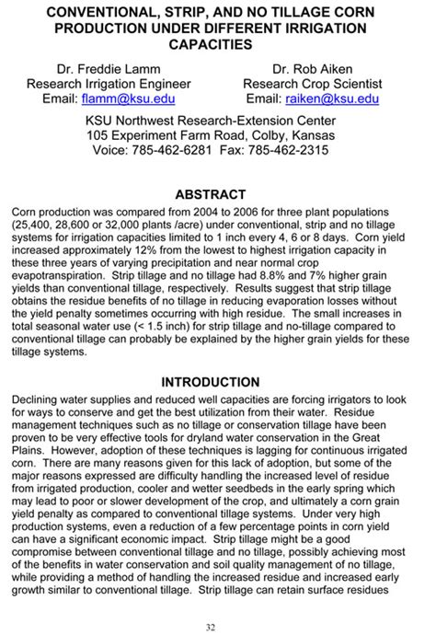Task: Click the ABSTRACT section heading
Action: coord(217,194)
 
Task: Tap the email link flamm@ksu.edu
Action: coord(134,98)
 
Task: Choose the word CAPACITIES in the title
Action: coord(217,44)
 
